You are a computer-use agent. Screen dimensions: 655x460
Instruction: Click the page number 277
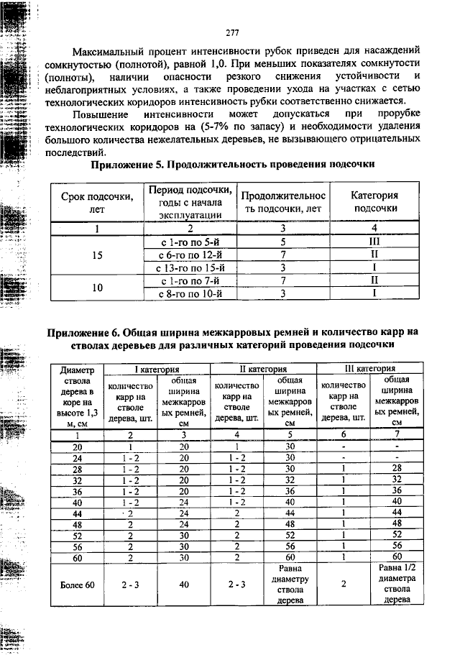pyautogui.click(x=231, y=32)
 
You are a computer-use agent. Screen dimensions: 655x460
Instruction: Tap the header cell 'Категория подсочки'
pyautogui.click(x=374, y=202)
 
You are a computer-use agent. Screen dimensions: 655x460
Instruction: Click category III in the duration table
pyautogui.click(x=374, y=242)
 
